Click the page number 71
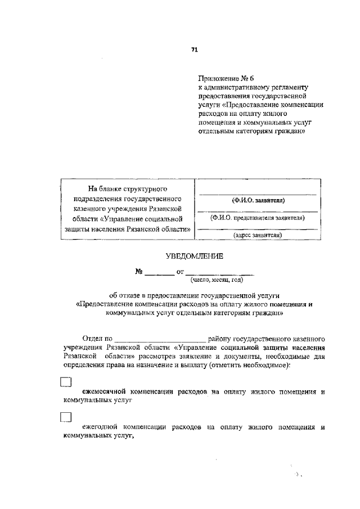194,50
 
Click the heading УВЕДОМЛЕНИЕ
194,256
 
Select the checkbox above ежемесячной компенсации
66,382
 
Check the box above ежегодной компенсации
66,417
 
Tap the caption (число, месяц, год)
217,279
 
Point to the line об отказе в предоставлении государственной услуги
194,295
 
